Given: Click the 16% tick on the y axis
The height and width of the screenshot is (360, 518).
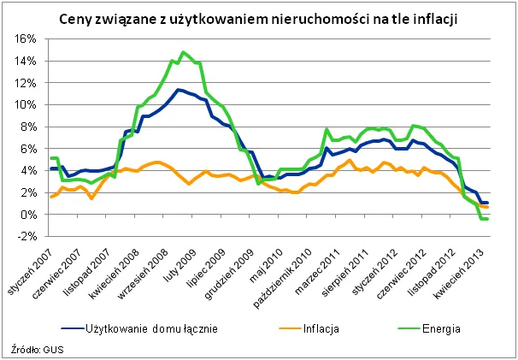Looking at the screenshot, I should [24, 39].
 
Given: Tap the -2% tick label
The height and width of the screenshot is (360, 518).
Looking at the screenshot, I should [25, 237].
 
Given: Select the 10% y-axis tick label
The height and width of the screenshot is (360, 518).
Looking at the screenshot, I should [24, 105].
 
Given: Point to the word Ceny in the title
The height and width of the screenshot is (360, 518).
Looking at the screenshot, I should [76, 18].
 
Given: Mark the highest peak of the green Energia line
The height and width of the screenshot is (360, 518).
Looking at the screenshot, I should [182, 52].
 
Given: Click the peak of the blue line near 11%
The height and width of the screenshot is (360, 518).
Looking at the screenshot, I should [177, 90].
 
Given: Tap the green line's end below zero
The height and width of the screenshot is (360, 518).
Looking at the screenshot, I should [485, 219].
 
